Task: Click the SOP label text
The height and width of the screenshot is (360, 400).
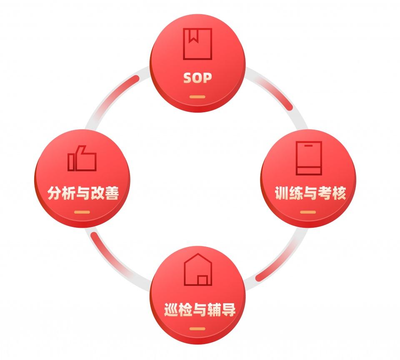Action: pyautogui.click(x=197, y=78)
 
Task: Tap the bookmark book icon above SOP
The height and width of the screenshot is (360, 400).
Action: pyautogui.click(x=197, y=44)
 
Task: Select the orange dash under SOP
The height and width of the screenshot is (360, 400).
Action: pyautogui.click(x=197, y=97)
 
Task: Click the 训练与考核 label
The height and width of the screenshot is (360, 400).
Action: pyautogui.click(x=310, y=194)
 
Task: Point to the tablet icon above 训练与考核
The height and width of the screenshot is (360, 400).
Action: pyautogui.click(x=309, y=158)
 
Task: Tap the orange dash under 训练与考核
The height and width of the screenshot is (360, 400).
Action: pyautogui.click(x=308, y=212)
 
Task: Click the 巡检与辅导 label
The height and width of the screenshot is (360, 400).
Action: pyautogui.click(x=200, y=310)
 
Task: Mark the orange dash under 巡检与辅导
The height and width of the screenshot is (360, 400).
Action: pyautogui.click(x=197, y=329)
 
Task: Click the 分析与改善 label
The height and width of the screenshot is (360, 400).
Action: pyautogui.click(x=83, y=194)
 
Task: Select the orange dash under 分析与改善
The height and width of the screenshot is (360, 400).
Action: pyautogui.click(x=82, y=212)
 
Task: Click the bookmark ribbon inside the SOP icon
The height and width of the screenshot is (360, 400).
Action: pyautogui.click(x=192, y=37)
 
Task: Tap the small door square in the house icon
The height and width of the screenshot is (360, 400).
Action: pyautogui.click(x=203, y=280)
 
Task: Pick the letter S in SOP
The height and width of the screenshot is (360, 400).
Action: pyautogui.click(x=188, y=78)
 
